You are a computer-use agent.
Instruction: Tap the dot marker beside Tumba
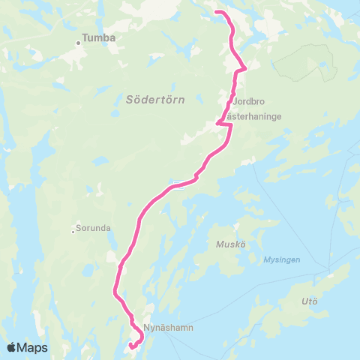[x=77, y=43]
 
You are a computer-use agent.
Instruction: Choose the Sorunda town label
[x=93, y=226]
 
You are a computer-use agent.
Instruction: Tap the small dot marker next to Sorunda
[x=73, y=230]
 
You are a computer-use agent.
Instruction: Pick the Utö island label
[x=309, y=301]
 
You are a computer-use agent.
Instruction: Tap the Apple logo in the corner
[x=12, y=347]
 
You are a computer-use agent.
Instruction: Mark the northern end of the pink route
[x=217, y=12]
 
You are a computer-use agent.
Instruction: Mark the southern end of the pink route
[x=130, y=346]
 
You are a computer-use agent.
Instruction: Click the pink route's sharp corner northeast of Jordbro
[x=244, y=69]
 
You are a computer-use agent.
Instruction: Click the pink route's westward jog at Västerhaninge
[x=218, y=123]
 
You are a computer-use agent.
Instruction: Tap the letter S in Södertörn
[x=128, y=98]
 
